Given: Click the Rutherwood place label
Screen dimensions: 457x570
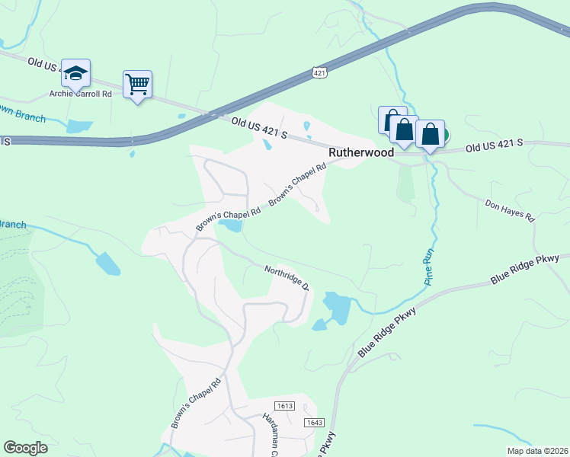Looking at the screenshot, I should (361, 152).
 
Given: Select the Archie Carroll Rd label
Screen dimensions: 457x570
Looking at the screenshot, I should (80, 94).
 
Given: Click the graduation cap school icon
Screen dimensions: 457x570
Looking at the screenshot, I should (76, 73).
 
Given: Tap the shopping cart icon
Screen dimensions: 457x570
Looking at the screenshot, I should (137, 84).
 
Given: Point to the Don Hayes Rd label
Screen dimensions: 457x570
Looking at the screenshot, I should (511, 209).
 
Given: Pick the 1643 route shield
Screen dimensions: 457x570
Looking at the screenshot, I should (314, 422).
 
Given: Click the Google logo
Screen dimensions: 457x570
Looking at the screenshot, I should (26, 448).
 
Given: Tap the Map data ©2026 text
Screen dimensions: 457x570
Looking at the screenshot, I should (536, 451).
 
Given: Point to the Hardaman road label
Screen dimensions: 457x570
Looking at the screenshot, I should (272, 432).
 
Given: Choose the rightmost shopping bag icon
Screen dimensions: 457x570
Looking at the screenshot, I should (430, 134).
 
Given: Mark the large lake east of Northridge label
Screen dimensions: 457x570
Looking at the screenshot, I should (336, 307).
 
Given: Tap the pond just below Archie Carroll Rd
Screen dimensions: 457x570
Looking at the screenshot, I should (78, 126).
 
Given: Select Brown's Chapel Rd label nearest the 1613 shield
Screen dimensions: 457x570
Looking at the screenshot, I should (197, 403).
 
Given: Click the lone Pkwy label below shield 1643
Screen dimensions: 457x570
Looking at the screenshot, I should (326, 444).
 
